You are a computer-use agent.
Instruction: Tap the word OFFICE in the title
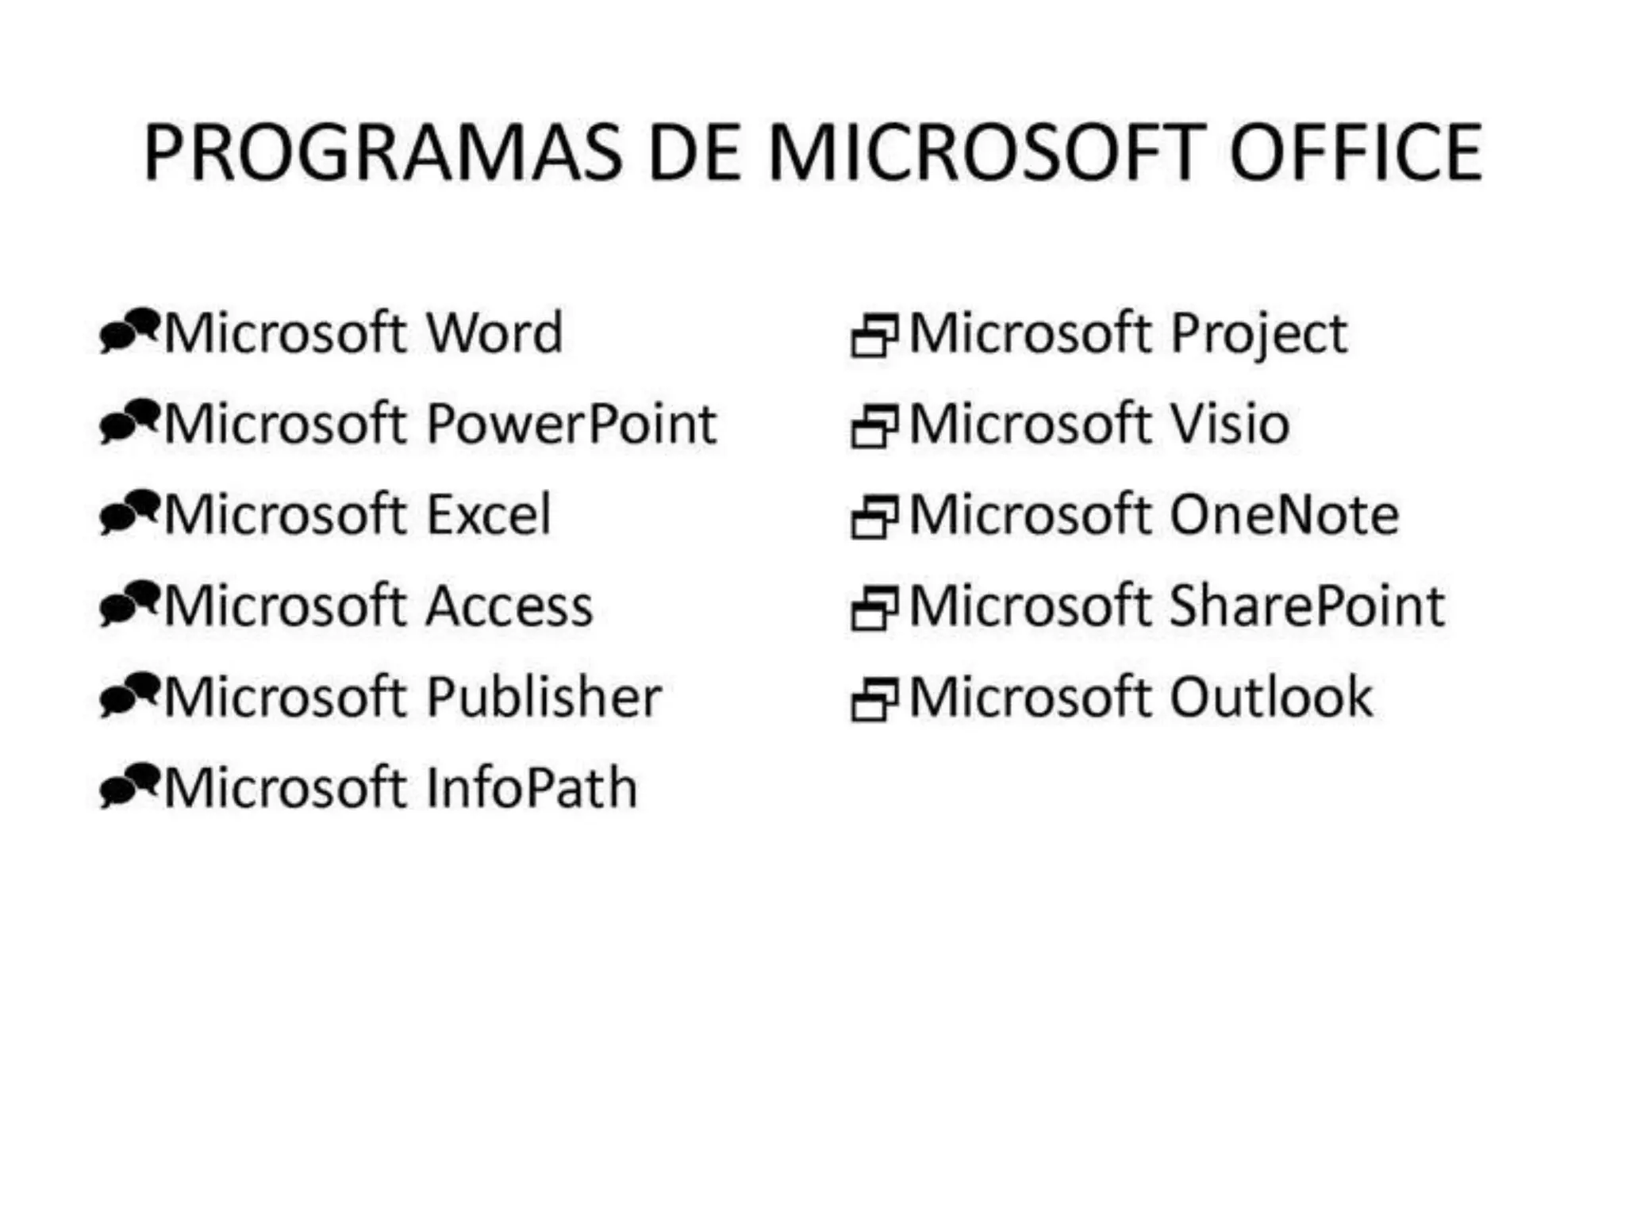point(1355,152)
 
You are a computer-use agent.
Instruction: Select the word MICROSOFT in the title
point(987,152)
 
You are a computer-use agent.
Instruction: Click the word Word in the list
point(495,333)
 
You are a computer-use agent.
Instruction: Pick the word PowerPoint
point(572,424)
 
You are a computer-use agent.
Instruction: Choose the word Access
point(510,606)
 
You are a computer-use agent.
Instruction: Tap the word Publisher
point(544,698)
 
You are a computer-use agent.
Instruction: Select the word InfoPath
point(532,789)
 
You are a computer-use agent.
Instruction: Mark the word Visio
point(1230,424)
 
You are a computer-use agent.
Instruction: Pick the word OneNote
point(1285,515)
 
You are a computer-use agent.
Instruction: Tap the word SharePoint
point(1308,606)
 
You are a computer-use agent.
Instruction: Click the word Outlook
point(1271,698)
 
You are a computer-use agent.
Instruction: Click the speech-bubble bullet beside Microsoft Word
point(129,331)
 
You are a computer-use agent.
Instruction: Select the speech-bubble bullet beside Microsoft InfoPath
point(129,786)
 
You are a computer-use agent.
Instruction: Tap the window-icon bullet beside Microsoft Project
point(874,335)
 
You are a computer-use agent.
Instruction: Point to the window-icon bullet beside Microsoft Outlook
point(874,700)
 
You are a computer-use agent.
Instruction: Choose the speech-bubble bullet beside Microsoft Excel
point(129,513)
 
